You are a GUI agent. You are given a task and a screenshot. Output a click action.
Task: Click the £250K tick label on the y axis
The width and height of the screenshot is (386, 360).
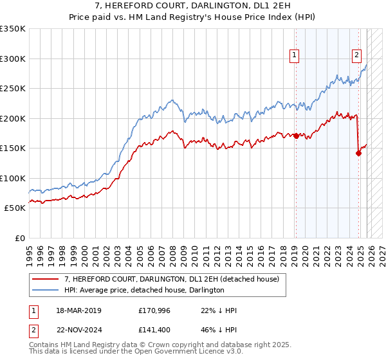(13, 89)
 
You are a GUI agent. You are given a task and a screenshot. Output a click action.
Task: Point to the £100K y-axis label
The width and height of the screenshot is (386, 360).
(13, 178)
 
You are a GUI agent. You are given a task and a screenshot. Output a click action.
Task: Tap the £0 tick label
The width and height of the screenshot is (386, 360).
(19, 238)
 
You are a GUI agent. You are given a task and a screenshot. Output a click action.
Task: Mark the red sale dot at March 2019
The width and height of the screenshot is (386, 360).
(296, 136)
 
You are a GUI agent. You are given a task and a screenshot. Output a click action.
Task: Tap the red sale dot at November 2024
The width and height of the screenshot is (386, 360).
(358, 153)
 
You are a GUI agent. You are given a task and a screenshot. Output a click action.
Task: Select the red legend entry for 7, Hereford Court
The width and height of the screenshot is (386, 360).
(171, 279)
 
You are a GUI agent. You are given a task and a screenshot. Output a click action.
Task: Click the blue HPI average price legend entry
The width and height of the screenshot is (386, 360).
(143, 290)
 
